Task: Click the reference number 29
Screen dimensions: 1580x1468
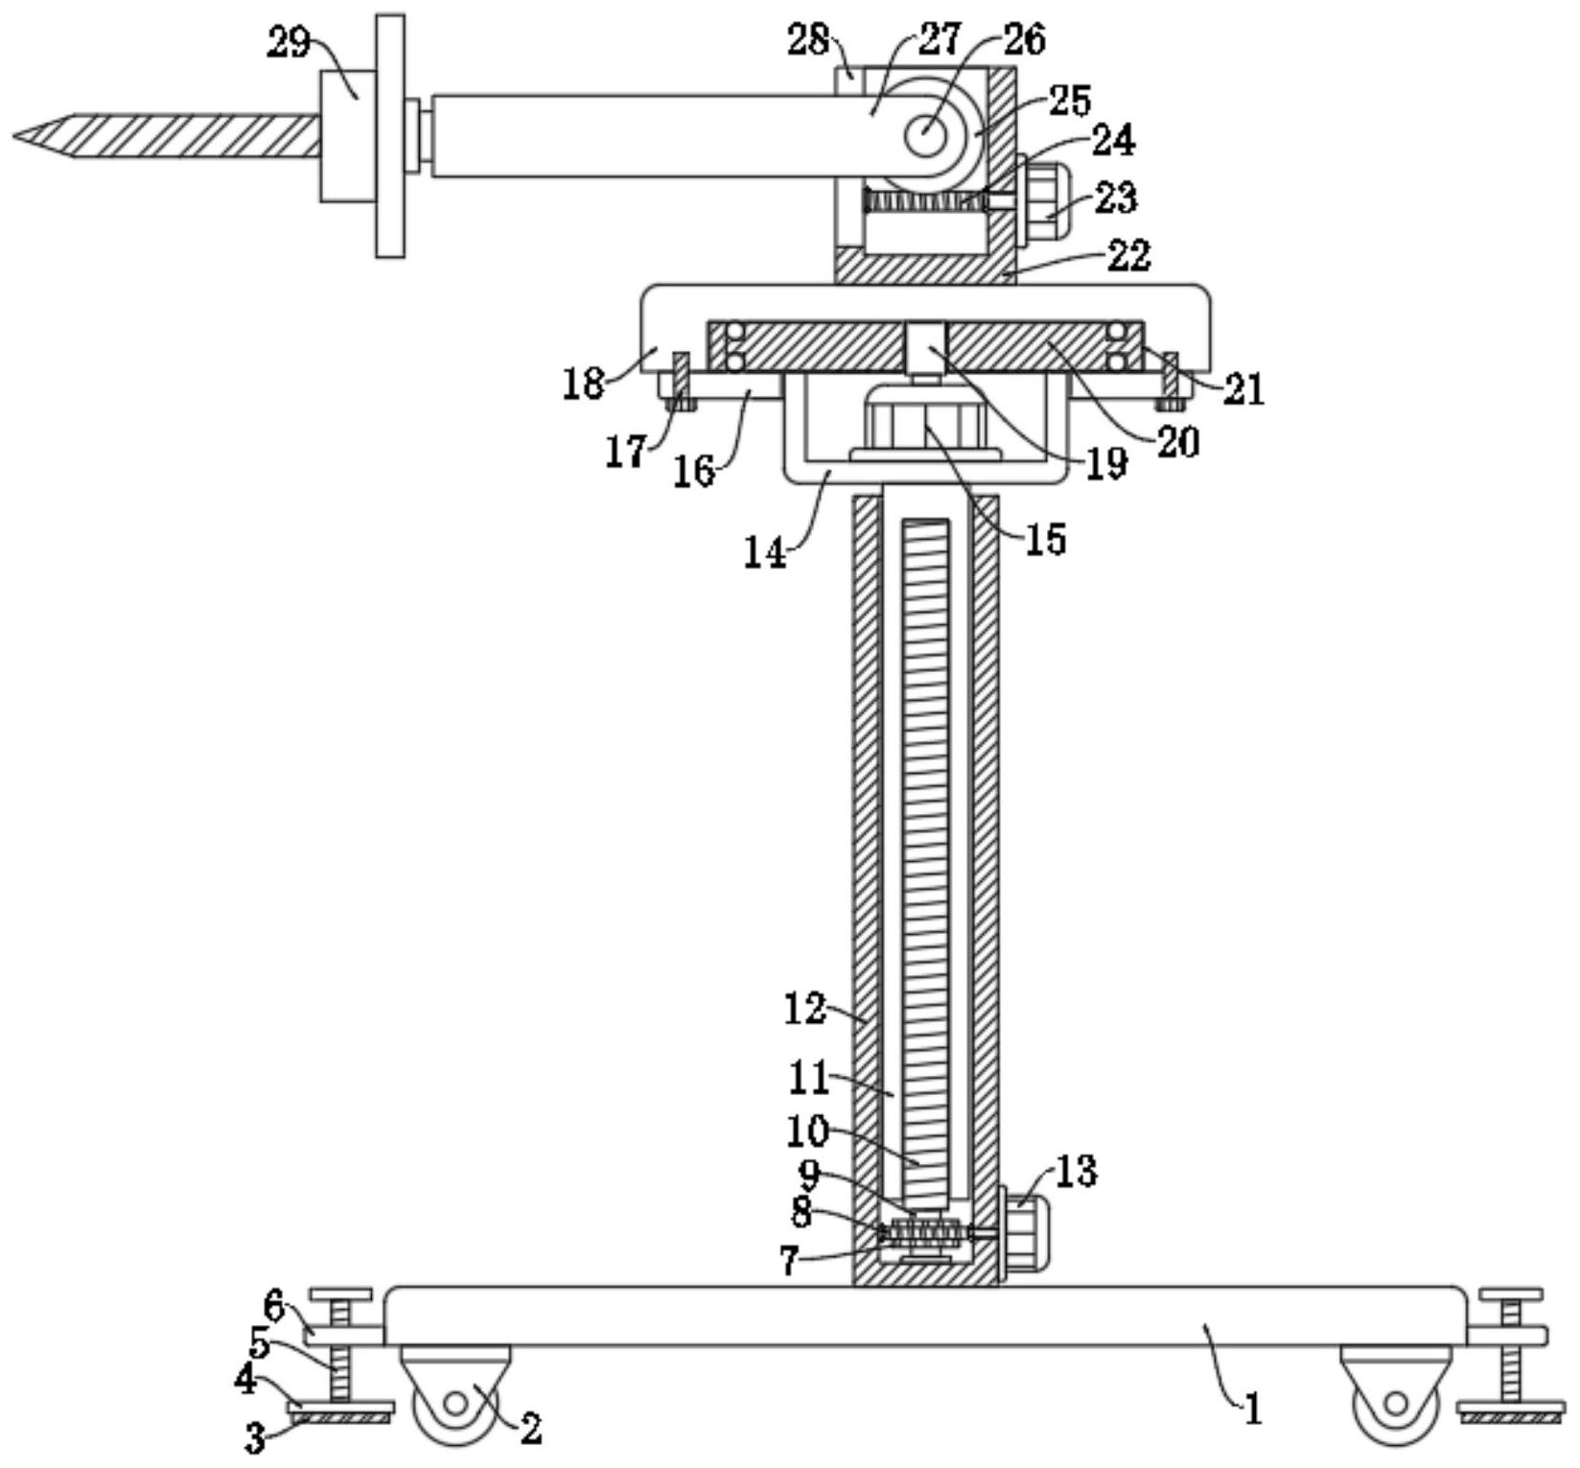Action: (289, 43)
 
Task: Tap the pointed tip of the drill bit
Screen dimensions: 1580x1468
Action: (15, 136)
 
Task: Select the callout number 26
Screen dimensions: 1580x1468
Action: (1024, 38)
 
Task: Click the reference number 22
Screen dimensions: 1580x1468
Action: (1127, 255)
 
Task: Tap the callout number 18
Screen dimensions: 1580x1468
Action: (584, 384)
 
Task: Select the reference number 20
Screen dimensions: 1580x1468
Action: (1177, 441)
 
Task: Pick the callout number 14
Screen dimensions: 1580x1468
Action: (765, 553)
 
